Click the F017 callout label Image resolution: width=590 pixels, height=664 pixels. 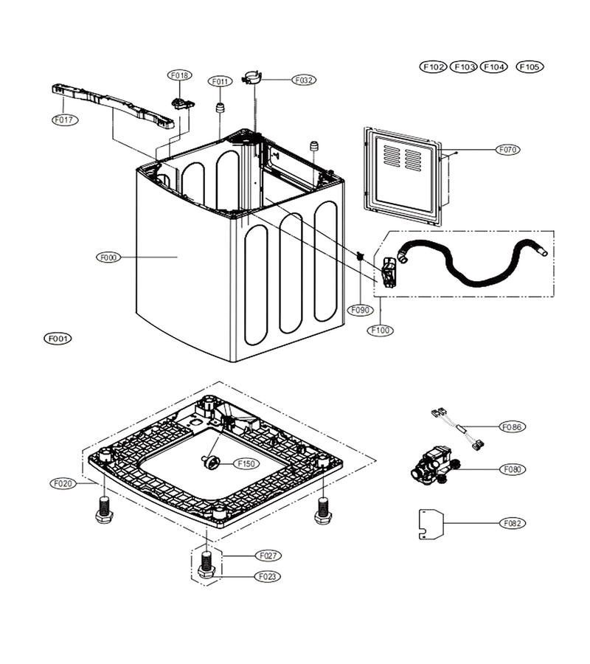[x=65, y=120]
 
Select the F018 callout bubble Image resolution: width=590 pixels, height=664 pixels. [x=180, y=75]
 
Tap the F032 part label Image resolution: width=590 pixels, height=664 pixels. [x=304, y=80]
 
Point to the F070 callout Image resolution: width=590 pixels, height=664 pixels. [x=507, y=150]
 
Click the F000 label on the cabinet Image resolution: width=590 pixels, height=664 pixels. [x=108, y=257]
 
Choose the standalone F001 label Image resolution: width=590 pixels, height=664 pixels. [x=58, y=339]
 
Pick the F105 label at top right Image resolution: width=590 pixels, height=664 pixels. [x=530, y=66]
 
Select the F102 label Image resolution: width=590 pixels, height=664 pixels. [x=434, y=66]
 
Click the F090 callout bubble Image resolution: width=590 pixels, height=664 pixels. [x=360, y=310]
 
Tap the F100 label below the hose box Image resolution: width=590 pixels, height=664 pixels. [x=381, y=331]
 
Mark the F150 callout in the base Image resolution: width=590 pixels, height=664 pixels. [x=246, y=464]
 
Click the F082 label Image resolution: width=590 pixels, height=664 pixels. [x=513, y=523]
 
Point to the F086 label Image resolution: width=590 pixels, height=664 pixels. [x=513, y=427]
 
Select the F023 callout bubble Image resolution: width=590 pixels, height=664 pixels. [x=268, y=576]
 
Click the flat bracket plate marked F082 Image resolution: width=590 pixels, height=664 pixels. [x=431, y=525]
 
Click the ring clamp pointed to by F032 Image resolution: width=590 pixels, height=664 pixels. [x=251, y=78]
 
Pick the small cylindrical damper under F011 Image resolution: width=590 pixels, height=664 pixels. [x=220, y=108]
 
